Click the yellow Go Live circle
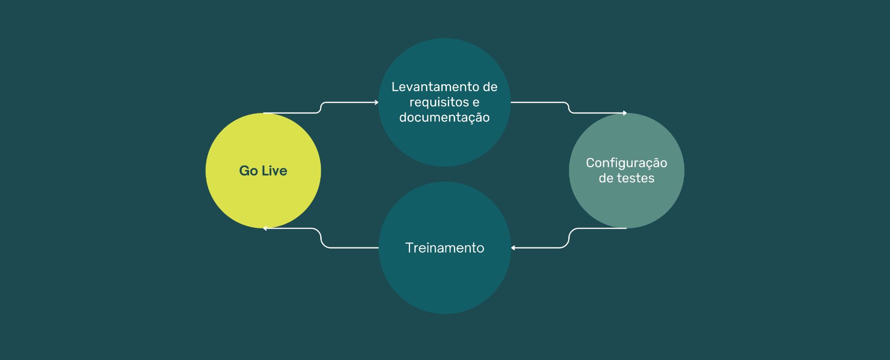click(x=263, y=171)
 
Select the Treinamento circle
click(x=445, y=248)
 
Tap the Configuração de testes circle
click(x=626, y=171)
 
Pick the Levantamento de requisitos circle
click(x=445, y=102)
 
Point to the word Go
click(x=248, y=171)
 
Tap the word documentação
click(x=445, y=118)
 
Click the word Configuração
click(x=626, y=163)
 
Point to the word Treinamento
click(x=445, y=248)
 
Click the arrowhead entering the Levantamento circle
click(x=376, y=102)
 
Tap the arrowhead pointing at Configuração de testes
click(x=625, y=113)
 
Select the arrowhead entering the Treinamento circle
click(x=513, y=248)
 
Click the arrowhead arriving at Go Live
click(x=265, y=228)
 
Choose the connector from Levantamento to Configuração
click(x=569, y=107)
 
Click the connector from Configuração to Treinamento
click(x=569, y=238)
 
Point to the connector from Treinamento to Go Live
click(x=321, y=238)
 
